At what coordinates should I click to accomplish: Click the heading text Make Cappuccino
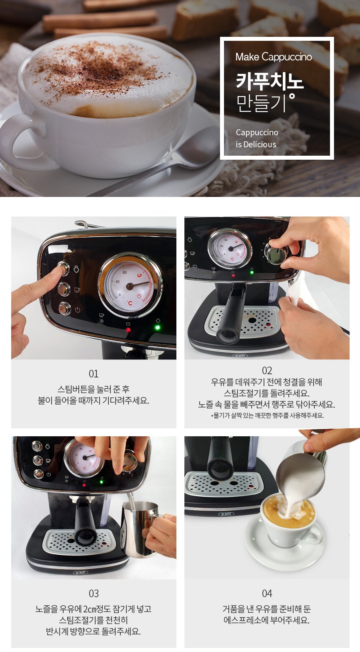point(274,57)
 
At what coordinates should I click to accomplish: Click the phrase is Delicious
point(256,144)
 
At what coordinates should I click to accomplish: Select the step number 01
point(94,374)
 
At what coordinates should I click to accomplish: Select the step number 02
point(267,371)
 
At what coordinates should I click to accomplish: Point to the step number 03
point(94,594)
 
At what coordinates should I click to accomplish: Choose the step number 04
point(267,594)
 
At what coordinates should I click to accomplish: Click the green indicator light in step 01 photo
point(158,328)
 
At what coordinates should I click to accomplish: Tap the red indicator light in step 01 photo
point(128,330)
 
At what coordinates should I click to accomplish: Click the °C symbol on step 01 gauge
point(130,303)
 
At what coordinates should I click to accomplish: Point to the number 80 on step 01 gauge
point(125,273)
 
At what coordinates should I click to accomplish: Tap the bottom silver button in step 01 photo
point(64,308)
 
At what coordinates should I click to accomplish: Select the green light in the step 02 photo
point(252,273)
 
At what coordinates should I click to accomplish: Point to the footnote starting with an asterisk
point(267,415)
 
